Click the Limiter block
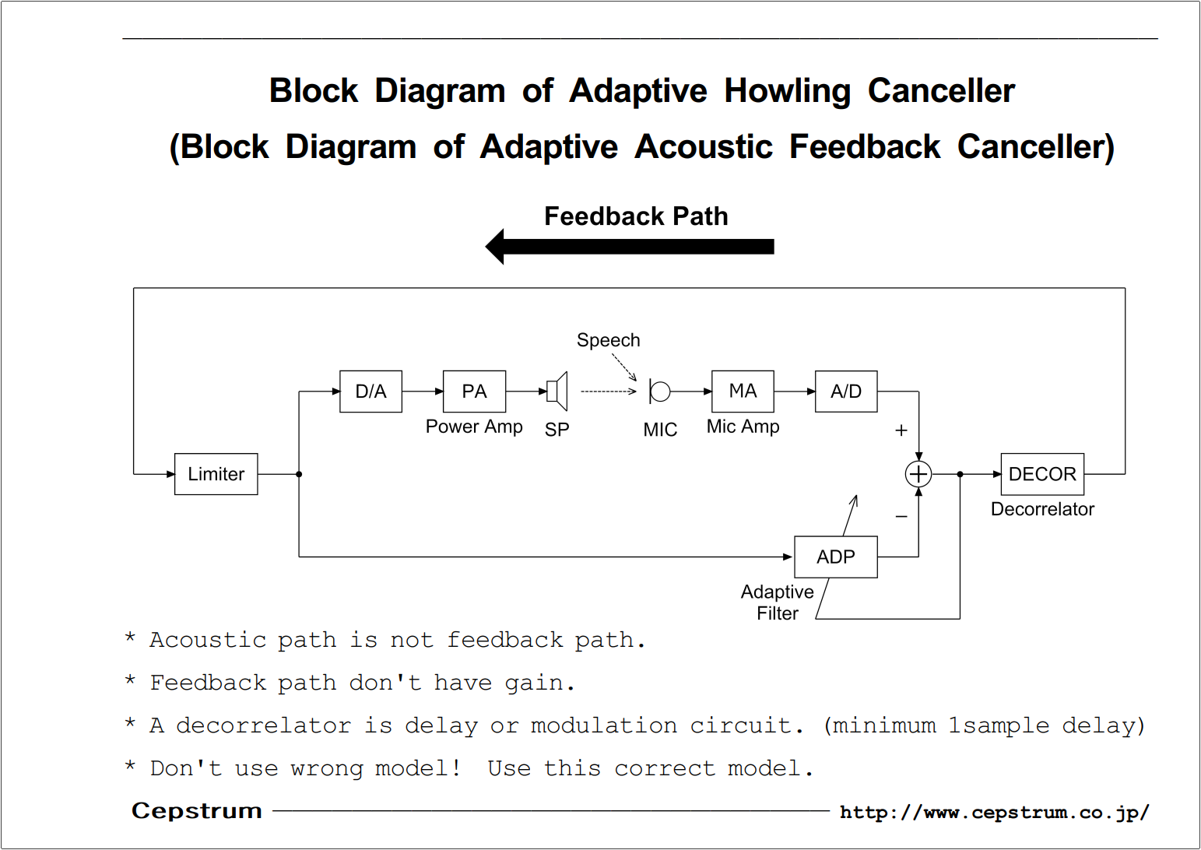coord(216,474)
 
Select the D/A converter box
coord(371,392)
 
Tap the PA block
coord(475,392)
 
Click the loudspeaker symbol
coord(557,392)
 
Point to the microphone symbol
coord(659,392)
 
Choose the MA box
coord(743,392)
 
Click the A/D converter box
coord(847,392)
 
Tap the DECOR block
coord(1042,474)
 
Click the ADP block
coord(836,557)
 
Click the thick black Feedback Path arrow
coord(630,247)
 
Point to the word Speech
coord(609,340)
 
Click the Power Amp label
coord(474,427)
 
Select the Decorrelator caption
coord(1042,509)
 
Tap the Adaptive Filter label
coord(778,602)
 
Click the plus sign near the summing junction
coord(901,430)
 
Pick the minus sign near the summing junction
coord(901,516)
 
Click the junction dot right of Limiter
coord(299,474)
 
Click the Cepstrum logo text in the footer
coord(197,811)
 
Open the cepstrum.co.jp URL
coord(995,813)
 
